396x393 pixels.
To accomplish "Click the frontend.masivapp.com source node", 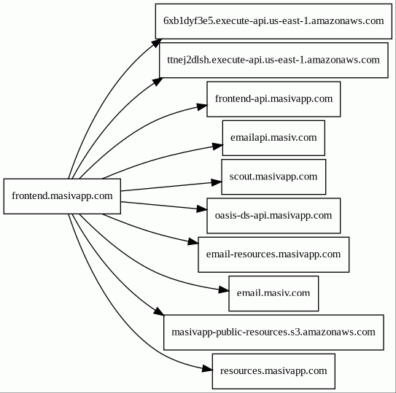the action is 62,196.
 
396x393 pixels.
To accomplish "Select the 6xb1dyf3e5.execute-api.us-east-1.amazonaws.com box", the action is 273,21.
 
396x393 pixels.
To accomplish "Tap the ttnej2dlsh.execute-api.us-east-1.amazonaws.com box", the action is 273,60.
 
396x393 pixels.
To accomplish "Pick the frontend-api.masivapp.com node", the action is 273,99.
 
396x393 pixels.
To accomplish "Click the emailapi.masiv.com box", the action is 273,138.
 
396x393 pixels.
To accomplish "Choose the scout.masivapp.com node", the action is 273,176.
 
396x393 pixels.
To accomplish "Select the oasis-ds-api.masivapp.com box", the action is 273,216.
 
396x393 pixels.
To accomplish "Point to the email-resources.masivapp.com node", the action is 273,254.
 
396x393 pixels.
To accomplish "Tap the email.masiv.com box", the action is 273,294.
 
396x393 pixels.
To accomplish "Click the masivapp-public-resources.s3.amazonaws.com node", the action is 273,332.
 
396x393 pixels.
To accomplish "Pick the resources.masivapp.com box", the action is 273,371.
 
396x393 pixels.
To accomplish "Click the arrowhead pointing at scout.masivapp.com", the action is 217,182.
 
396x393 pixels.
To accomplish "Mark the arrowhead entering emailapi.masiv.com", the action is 218,147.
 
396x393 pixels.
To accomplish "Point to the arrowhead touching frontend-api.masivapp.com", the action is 202,106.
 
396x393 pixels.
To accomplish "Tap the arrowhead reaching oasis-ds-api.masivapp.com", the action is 202,209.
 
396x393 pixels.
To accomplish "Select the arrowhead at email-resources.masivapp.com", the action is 193,242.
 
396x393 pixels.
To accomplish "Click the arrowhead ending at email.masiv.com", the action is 224,290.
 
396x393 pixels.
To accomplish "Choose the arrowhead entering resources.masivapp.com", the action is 208,369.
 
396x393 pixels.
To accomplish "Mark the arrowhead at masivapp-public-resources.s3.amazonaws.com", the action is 159,311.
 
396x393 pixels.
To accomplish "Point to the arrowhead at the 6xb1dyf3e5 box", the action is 157,43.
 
